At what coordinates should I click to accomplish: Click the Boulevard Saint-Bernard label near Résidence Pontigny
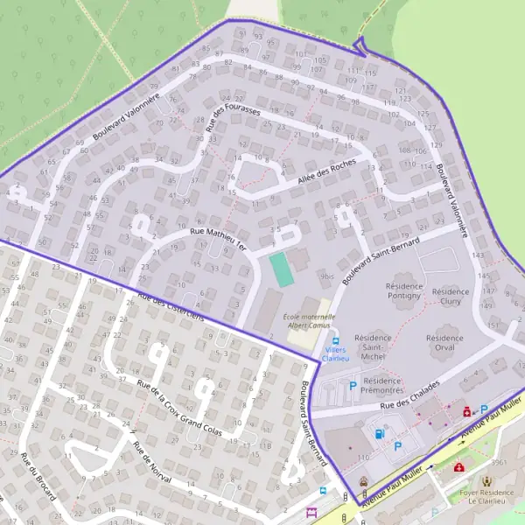click(381, 258)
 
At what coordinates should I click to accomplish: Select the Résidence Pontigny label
click(403, 290)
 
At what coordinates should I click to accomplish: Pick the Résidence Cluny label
click(451, 297)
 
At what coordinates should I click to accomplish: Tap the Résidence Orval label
click(444, 342)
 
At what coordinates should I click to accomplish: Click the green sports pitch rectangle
click(281, 269)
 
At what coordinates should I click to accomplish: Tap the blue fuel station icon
click(379, 432)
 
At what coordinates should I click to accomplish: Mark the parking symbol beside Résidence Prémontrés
click(353, 384)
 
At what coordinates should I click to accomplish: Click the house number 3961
click(499, 462)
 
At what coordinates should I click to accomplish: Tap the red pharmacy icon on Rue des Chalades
click(466, 409)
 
